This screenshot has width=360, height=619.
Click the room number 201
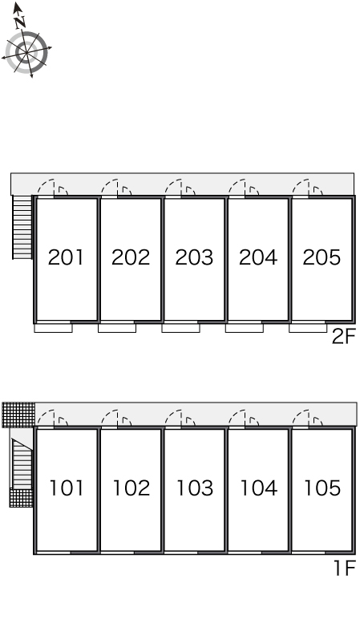pos(66,257)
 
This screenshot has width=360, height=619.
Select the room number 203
pos(194,257)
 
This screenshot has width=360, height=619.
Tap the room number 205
pos(322,257)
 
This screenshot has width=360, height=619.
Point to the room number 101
pos(67,488)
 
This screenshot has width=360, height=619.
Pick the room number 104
pos(258,488)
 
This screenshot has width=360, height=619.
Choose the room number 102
pos(131,488)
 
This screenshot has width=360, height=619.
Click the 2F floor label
pos(344,337)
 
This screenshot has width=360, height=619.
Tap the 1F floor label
pos(345,568)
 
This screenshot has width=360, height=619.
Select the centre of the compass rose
pos(26,52)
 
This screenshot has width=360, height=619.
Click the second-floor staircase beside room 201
pos(22,227)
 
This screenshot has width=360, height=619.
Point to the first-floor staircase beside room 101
pos(22,463)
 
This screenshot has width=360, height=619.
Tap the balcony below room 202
pos(117,328)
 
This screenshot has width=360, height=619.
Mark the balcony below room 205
pos(308,328)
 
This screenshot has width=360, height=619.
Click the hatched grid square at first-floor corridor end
pos(18,415)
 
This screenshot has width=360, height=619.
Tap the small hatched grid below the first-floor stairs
pos(22,497)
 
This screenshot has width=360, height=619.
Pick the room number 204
pos(258,257)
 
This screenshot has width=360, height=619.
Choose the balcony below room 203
pos(180,328)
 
